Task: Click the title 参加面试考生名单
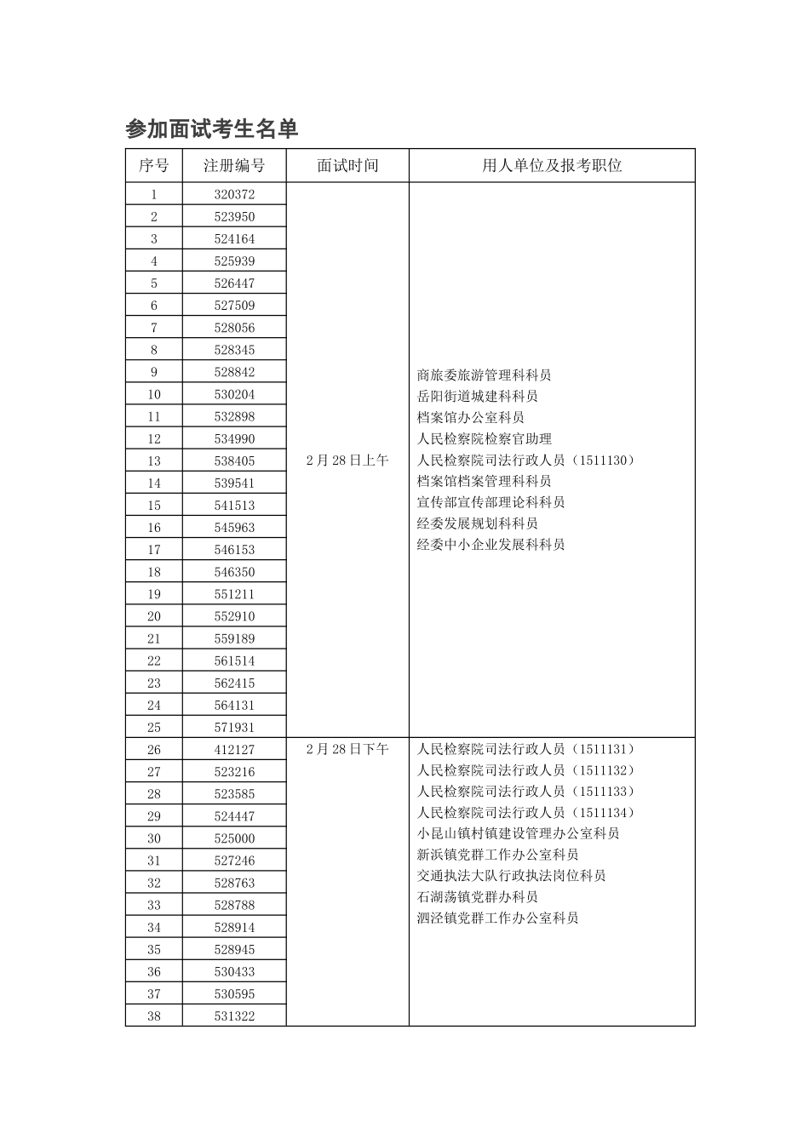(211, 129)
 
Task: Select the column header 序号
(154, 166)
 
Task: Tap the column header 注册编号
(234, 166)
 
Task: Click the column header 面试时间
(347, 166)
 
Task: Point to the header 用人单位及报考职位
(552, 166)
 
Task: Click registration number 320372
(234, 195)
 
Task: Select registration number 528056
(234, 328)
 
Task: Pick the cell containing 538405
(234, 460)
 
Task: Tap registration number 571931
(234, 727)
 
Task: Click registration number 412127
(234, 749)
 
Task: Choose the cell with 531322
(234, 1015)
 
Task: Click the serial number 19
(154, 594)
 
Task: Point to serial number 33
(154, 905)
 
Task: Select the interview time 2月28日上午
(347, 460)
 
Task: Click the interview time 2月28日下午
(347, 749)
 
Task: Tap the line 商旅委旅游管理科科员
(484, 375)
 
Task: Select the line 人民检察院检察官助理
(484, 439)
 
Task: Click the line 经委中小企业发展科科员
(491, 545)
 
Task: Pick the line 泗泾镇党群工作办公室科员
(497, 918)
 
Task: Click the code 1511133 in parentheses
(605, 792)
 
